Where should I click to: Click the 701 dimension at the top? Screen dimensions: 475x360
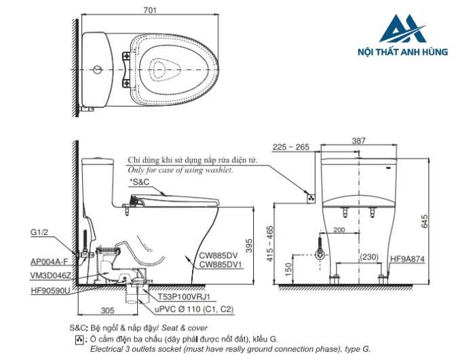pyautogui.click(x=150, y=10)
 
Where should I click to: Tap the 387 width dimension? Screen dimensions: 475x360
pyautogui.click(x=359, y=141)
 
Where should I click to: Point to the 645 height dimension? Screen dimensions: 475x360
pyautogui.click(x=424, y=221)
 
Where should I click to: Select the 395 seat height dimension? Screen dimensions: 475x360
pyautogui.click(x=249, y=246)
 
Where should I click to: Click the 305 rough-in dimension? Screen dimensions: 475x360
pyautogui.click(x=107, y=310)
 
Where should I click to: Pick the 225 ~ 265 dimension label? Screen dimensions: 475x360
pyautogui.click(x=291, y=147)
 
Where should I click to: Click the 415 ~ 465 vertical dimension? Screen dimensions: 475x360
pyautogui.click(x=269, y=244)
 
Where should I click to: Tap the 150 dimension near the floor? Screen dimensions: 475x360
pyautogui.click(x=288, y=269)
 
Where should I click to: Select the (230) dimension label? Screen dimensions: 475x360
pyautogui.click(x=369, y=257)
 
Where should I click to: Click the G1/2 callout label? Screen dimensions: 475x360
pyautogui.click(x=39, y=232)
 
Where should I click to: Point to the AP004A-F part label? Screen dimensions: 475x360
pyautogui.click(x=50, y=262)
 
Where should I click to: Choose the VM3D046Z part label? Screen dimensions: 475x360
pyautogui.click(x=51, y=275)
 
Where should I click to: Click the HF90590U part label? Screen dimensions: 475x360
pyautogui.click(x=51, y=291)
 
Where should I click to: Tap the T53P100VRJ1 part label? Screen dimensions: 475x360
pyautogui.click(x=184, y=296)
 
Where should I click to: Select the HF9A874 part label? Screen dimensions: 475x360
pyautogui.click(x=407, y=259)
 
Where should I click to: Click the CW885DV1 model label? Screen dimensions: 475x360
pyautogui.click(x=221, y=265)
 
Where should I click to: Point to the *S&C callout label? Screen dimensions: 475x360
pyautogui.click(x=139, y=182)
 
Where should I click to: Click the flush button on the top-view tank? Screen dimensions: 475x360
pyautogui.click(x=98, y=70)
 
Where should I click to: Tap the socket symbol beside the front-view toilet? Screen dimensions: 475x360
pyautogui.click(x=311, y=198)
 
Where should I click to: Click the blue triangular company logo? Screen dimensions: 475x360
pyautogui.click(x=402, y=29)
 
